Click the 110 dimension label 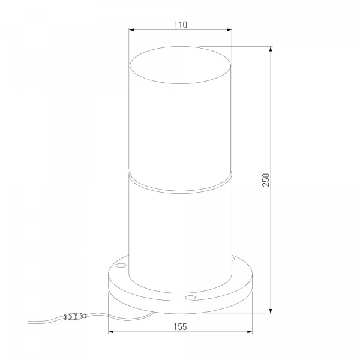181,25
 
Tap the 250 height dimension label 266,180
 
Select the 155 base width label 180,327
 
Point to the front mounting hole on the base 190,298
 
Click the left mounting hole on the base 121,266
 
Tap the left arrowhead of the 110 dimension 131,29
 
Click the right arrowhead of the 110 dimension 229,29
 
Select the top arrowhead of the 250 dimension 271,49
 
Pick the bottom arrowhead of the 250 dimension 271,311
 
